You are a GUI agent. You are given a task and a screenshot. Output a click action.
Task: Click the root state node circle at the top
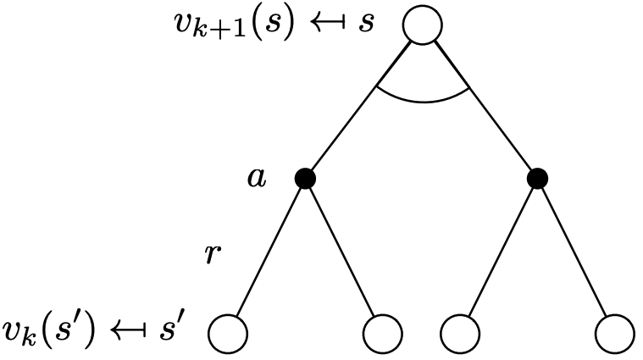coord(422,25)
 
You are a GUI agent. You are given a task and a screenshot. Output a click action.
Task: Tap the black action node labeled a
coord(306,179)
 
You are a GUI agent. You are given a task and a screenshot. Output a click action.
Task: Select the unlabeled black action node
coord(537,179)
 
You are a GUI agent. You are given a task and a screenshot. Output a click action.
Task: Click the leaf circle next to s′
coord(228,332)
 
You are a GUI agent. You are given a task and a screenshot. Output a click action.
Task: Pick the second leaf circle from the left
coord(383,332)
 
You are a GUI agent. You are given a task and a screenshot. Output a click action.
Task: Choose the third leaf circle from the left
coord(460,332)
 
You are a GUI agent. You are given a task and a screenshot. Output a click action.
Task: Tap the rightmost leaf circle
coord(614,332)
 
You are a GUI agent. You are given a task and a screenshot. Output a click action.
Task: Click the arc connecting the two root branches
coord(422,100)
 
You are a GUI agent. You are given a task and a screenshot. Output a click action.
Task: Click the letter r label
coord(214,254)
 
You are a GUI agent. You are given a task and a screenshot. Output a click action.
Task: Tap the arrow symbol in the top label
coord(329,24)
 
